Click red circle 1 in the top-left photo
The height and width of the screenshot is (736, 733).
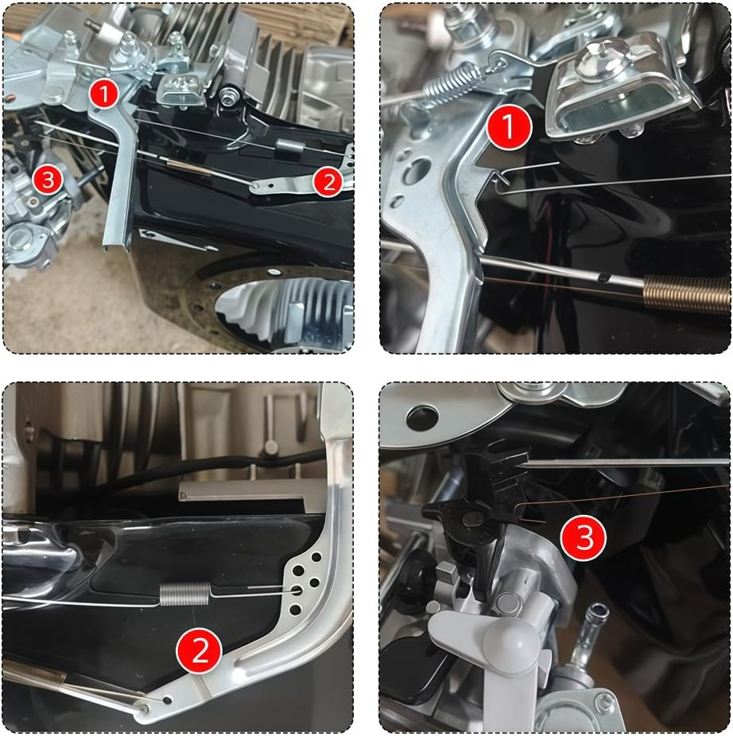coord(103,93)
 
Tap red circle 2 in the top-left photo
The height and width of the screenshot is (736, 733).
coord(328,183)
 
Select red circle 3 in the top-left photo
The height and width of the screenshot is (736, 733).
coord(47,180)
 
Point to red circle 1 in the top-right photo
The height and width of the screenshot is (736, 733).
coord(509,129)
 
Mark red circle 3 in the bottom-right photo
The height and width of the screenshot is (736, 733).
coord(584,538)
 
